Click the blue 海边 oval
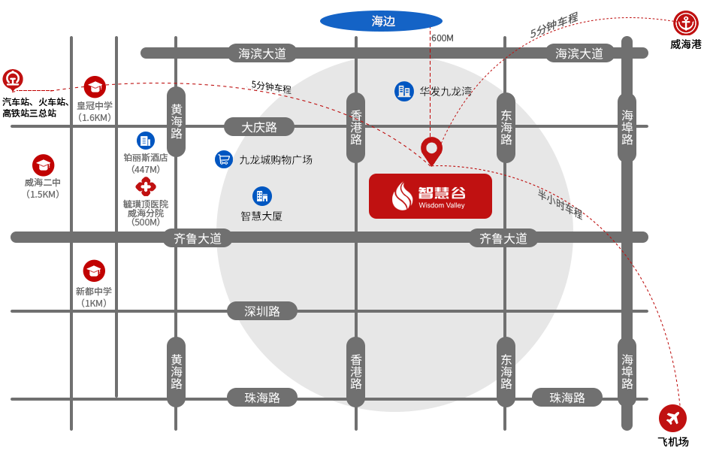click(382, 21)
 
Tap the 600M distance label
click(443, 38)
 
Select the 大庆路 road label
click(259, 127)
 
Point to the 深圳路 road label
click(262, 311)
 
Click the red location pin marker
click(431, 150)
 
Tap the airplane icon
click(672, 418)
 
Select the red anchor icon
click(685, 23)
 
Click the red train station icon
click(13, 78)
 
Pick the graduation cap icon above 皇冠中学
click(95, 87)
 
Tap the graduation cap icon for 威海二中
click(43, 165)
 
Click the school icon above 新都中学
click(94, 271)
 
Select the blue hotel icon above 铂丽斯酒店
click(146, 140)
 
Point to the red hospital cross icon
click(145, 186)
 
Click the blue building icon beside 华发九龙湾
click(404, 92)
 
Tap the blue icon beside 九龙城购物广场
click(224, 159)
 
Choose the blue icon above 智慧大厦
click(261, 196)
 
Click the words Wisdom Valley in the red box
click(442, 206)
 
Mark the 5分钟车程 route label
click(554, 26)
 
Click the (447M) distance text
click(146, 169)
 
